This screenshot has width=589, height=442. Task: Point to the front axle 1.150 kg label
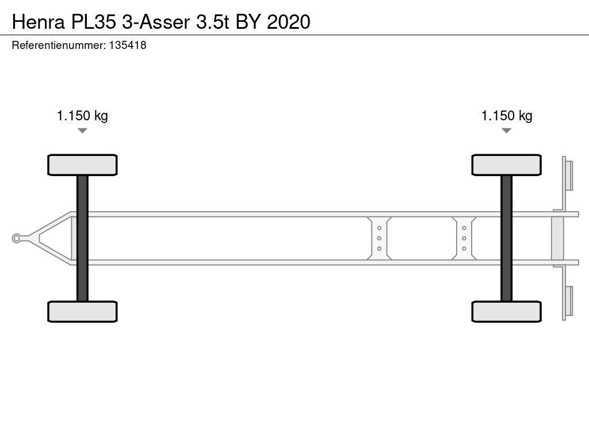coord(82,116)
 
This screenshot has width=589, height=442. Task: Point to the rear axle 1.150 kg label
coord(507,116)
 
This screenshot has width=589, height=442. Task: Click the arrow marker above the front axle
coord(82,131)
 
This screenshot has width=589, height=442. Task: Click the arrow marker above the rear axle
coord(506,131)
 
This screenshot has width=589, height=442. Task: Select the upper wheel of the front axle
coord(82,165)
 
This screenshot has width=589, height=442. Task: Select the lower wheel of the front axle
coord(82,311)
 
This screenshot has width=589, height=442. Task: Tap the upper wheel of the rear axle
coord(506,165)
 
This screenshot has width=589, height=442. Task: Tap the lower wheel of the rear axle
coord(506,311)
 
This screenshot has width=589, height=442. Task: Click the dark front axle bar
coord(82,238)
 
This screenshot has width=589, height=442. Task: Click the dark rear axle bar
coord(506,238)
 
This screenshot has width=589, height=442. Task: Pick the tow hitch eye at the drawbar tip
coord(17,238)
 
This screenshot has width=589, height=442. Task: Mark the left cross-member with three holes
coord(379,238)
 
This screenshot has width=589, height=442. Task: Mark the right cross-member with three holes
coord(464,238)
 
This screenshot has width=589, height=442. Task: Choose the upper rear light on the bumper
coord(569,176)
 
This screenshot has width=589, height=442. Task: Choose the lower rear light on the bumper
coord(569,300)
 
